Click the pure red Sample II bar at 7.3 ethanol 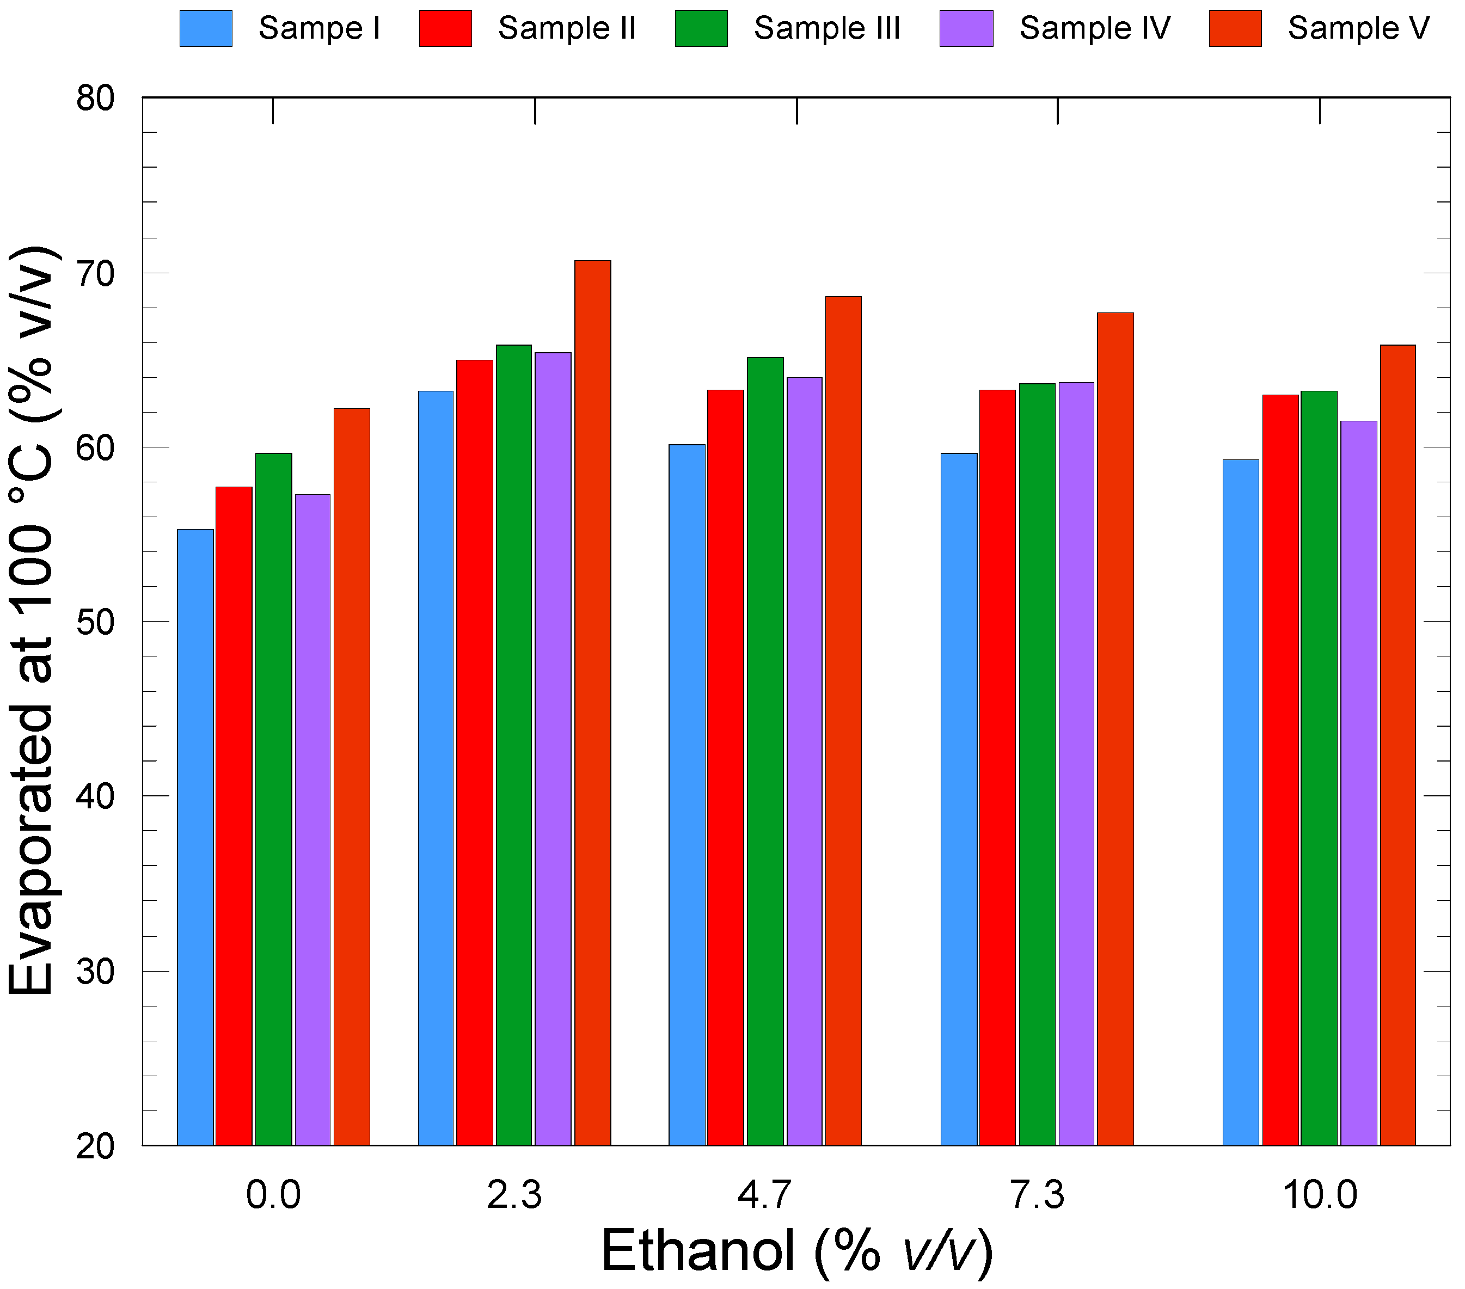coord(997,766)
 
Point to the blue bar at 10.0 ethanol coord(1241,802)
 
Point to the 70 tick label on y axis coord(95,273)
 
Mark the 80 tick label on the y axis coord(95,98)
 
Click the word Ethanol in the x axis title coord(697,1250)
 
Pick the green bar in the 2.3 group coord(514,745)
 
